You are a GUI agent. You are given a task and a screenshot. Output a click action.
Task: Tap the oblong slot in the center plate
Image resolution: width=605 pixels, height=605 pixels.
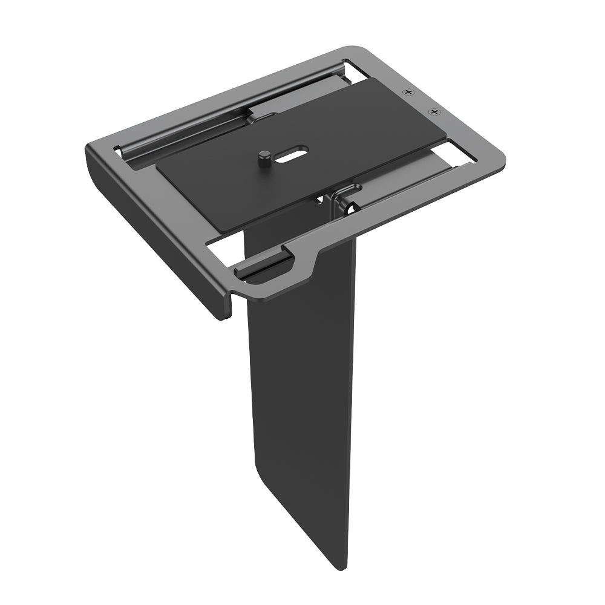[293, 154]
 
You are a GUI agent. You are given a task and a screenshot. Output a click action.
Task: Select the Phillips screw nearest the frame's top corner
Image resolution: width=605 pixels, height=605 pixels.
[410, 92]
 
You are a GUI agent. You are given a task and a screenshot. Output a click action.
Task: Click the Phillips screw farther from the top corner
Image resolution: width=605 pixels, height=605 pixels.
[434, 112]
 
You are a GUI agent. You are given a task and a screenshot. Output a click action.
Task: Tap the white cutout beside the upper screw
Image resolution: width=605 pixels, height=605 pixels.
[357, 71]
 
